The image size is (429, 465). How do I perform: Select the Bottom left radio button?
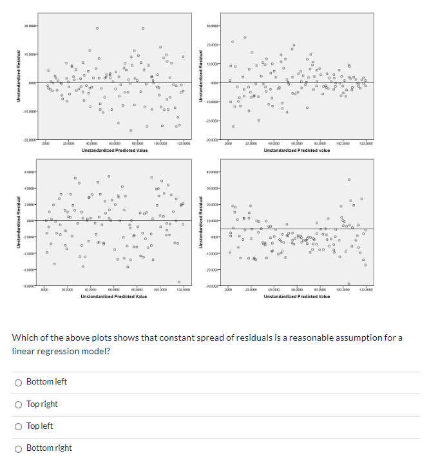pyautogui.click(x=19, y=382)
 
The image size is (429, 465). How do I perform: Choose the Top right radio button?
pyautogui.click(x=19, y=404)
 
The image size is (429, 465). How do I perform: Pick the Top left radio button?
pyautogui.click(x=19, y=426)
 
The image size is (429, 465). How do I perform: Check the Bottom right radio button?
pyautogui.click(x=19, y=448)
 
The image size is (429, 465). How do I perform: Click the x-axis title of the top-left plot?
pyautogui.click(x=114, y=150)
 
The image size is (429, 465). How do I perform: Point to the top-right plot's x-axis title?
pyautogui.click(x=297, y=150)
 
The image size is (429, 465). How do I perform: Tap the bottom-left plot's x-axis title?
pyautogui.click(x=114, y=296)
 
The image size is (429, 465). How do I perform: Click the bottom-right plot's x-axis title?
pyautogui.click(x=297, y=296)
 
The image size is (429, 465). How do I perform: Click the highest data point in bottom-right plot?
pyautogui.click(x=349, y=179)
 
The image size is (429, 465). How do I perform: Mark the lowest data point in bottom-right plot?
pyautogui.click(x=348, y=283)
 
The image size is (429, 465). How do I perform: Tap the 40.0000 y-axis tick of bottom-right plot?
pyautogui.click(x=213, y=173)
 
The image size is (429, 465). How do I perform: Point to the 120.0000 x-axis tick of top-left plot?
pyautogui.click(x=182, y=144)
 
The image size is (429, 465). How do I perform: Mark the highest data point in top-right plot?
pyautogui.click(x=244, y=37)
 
